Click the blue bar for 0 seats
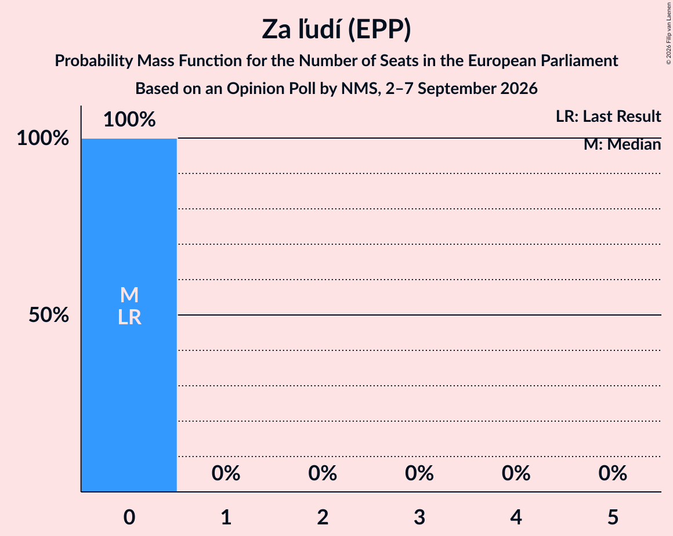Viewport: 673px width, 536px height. tap(129, 315)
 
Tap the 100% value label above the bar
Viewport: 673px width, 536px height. tap(129, 119)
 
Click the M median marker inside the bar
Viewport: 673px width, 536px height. tap(129, 295)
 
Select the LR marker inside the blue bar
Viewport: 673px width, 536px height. tap(129, 317)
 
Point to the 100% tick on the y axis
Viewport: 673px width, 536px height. tap(42, 138)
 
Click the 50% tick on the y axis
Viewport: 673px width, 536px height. tap(49, 315)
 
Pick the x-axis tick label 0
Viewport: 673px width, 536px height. tap(129, 517)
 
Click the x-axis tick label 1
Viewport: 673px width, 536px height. tap(226, 517)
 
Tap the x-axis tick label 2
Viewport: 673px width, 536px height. tap(323, 517)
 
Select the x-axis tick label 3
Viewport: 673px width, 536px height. tap(419, 517)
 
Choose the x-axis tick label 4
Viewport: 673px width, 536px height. tap(516, 517)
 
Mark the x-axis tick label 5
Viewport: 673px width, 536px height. tap(613, 517)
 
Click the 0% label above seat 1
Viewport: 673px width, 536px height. tap(226, 473)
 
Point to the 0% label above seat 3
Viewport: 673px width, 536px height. tap(419, 473)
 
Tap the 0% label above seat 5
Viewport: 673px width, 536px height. tap(613, 473)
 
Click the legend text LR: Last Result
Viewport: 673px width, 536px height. tap(608, 116)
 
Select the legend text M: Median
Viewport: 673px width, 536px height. tap(623, 144)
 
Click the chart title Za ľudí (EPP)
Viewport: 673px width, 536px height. tap(336, 30)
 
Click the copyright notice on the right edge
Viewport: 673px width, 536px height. tap(668, 34)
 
